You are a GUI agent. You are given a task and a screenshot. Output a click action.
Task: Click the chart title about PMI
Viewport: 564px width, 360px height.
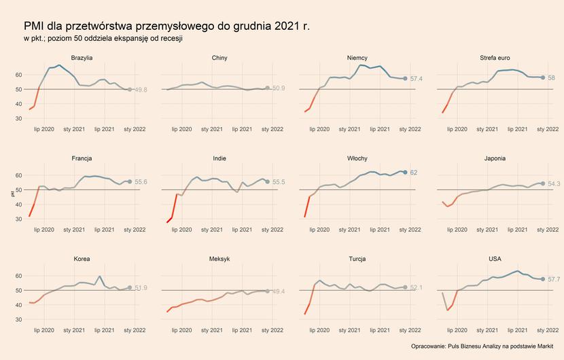point(166,26)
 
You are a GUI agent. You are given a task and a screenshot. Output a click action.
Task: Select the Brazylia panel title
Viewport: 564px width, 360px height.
point(82,58)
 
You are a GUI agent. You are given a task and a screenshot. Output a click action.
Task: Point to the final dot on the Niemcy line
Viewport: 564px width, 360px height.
point(405,79)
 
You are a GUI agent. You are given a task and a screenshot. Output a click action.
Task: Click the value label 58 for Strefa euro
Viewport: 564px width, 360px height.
point(552,78)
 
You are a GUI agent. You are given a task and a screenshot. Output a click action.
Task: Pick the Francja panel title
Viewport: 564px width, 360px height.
point(82,158)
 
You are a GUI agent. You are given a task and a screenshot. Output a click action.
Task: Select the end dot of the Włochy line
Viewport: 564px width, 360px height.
point(405,173)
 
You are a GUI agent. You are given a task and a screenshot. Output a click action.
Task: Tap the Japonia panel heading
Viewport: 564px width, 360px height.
point(495,158)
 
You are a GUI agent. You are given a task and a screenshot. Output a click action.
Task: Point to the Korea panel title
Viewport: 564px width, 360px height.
point(82,259)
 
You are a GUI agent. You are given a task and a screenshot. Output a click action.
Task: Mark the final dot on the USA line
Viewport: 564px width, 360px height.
point(542,279)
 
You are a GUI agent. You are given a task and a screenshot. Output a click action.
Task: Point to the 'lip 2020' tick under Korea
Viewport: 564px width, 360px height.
point(43,331)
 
